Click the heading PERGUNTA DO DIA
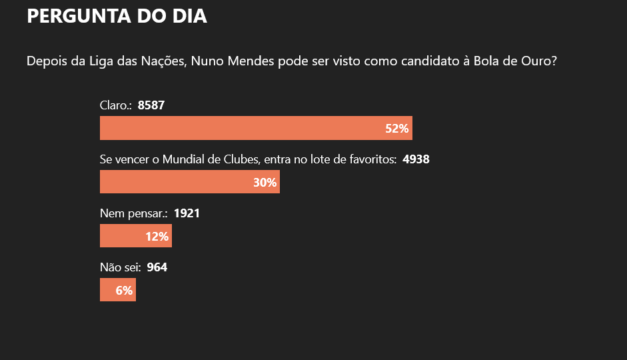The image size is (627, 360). pos(117,16)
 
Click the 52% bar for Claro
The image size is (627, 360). pos(256,128)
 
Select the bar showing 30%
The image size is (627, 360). pos(190,181)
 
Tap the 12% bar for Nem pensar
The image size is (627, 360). pos(136,235)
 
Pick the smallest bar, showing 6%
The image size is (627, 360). pos(118,289)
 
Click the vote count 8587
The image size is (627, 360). pos(151,105)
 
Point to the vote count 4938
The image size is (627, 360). pos(416,159)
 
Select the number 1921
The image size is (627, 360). pos(187,213)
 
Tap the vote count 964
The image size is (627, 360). pos(157,267)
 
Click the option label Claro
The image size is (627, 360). pos(115,105)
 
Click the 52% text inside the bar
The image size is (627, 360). pos(396,129)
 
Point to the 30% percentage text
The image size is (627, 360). pos(265,183)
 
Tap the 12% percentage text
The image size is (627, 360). pos(157,237)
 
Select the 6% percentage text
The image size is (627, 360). pos(124,291)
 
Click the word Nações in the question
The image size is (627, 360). pos(163,61)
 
